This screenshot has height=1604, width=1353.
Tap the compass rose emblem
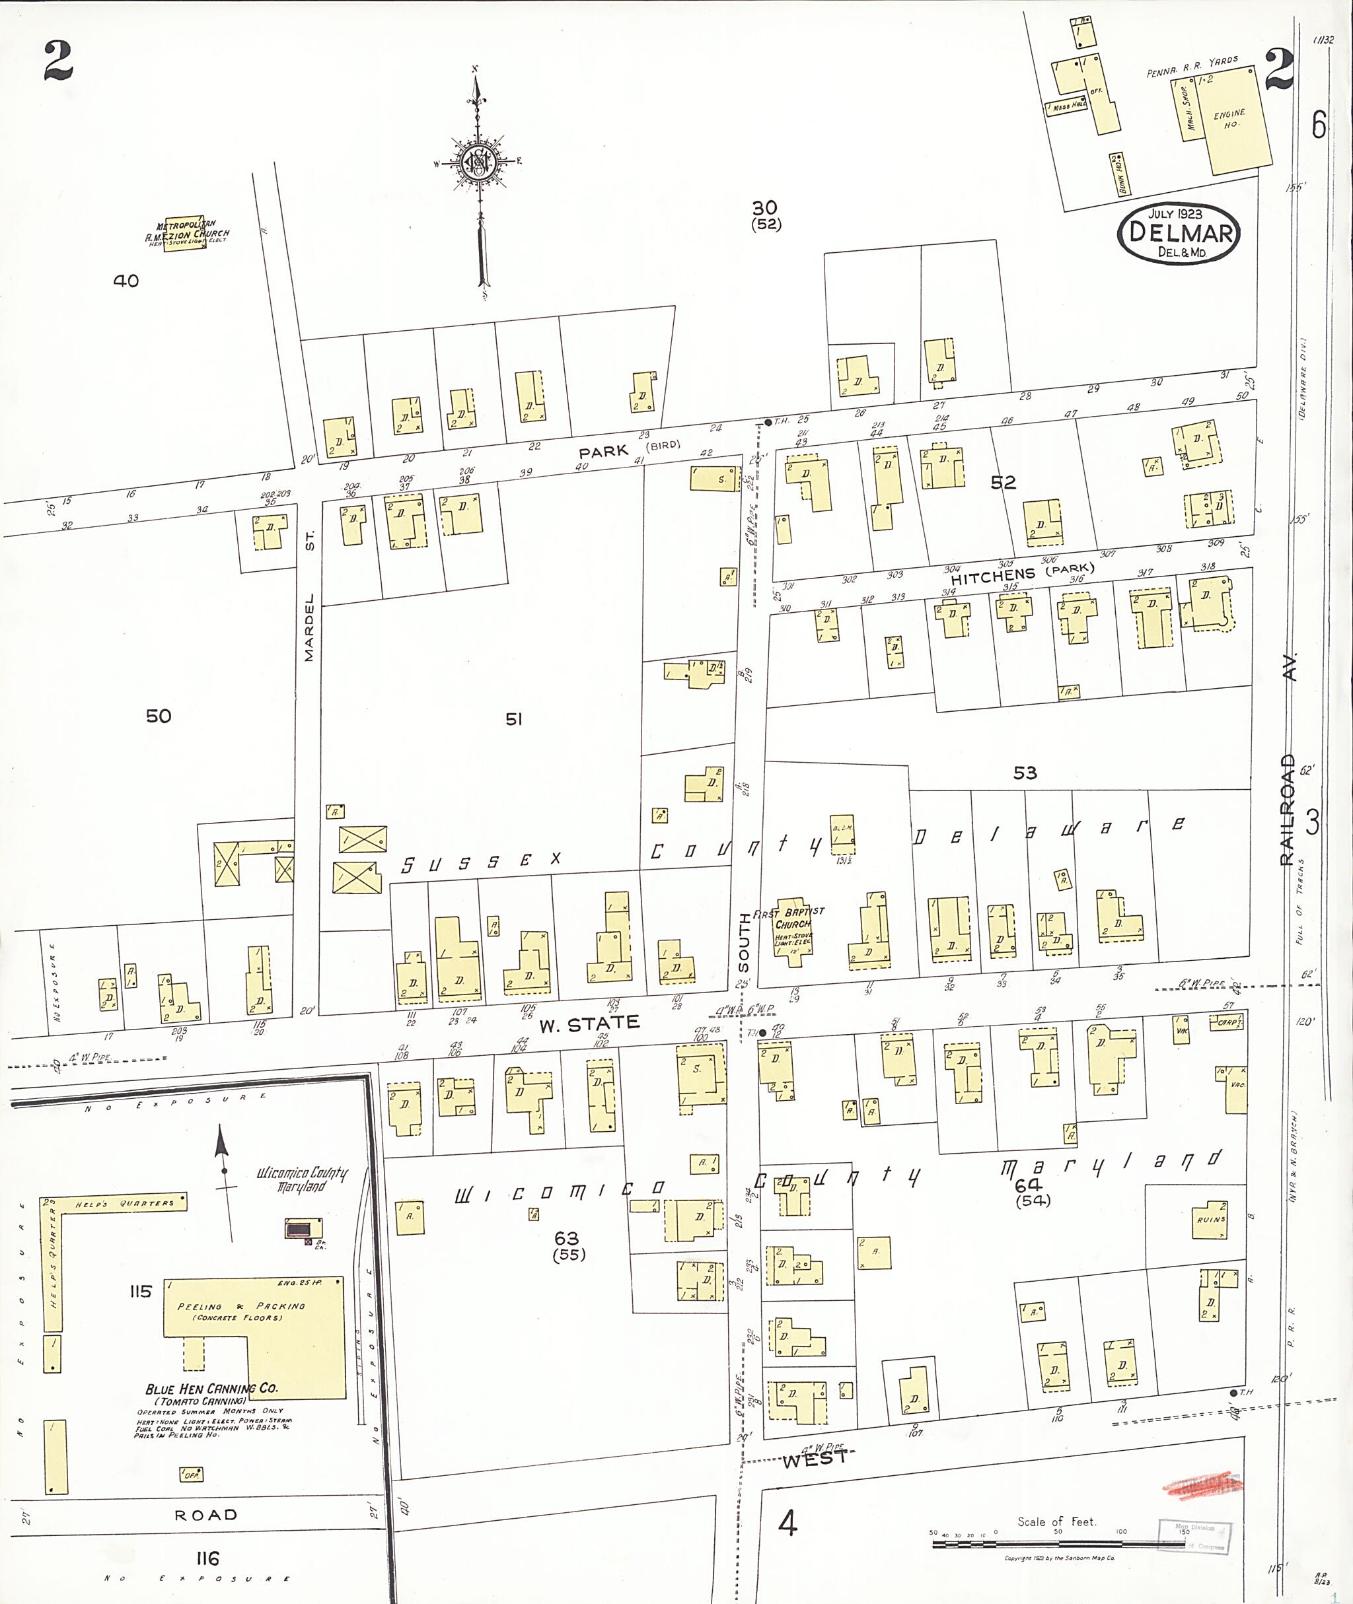pos(476,162)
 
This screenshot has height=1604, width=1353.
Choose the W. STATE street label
pos(589,1023)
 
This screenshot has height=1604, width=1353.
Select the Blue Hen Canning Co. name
pos(211,1389)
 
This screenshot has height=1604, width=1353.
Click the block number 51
pos(513,718)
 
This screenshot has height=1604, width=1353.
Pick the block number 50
pos(158,715)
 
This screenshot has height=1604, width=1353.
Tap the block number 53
pos(1025,773)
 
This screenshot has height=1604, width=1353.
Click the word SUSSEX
pos(480,862)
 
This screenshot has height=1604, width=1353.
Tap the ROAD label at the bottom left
pos(205,1515)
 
